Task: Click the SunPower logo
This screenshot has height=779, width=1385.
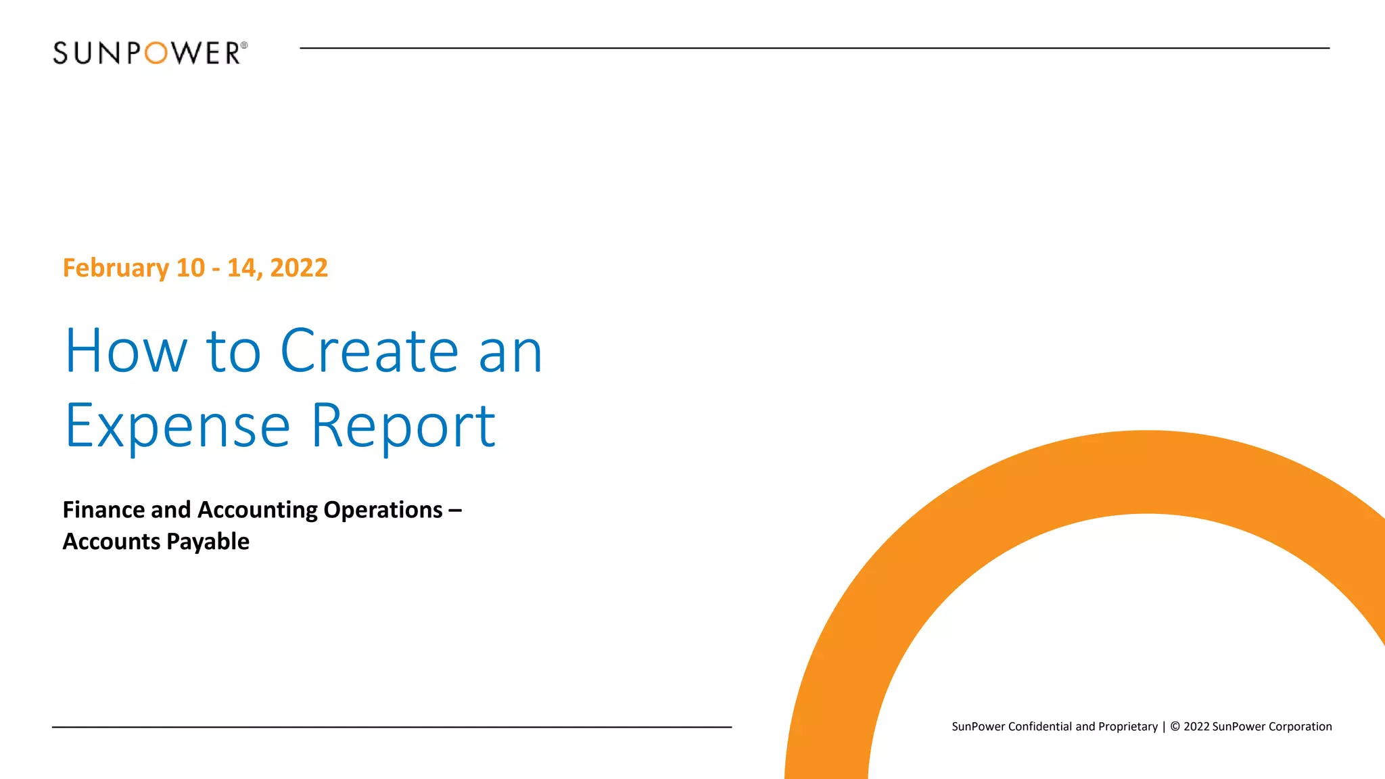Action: [x=149, y=53]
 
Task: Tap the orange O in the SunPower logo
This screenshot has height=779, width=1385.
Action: [x=156, y=53]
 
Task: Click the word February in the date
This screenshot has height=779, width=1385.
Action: [x=116, y=268]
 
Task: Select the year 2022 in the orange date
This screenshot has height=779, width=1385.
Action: [x=299, y=268]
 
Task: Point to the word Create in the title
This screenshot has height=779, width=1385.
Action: [x=369, y=351]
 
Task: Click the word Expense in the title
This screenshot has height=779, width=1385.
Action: [x=178, y=426]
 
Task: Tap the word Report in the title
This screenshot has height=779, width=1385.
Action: [x=403, y=426]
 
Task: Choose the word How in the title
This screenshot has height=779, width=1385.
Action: [x=126, y=351]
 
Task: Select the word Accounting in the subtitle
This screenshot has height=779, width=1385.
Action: [x=258, y=510]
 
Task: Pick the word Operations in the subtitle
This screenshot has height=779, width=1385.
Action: [x=383, y=510]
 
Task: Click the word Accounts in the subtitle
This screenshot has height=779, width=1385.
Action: [x=112, y=542]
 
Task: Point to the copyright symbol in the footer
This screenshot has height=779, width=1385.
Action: [x=1175, y=727]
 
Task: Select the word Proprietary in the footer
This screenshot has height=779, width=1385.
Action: [x=1128, y=727]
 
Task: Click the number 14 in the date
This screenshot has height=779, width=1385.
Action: [x=241, y=268]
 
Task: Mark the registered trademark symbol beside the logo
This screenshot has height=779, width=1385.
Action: [x=244, y=45]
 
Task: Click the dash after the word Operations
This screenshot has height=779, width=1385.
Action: [x=454, y=511]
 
